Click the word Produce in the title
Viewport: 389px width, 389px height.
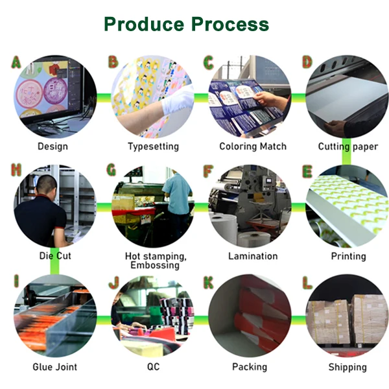(144, 24)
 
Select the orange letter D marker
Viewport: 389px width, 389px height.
(307, 62)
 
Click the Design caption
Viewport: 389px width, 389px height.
(53, 147)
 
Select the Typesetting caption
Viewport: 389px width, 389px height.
(153, 147)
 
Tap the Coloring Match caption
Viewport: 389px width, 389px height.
(253, 147)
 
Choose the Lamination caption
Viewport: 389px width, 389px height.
(253, 256)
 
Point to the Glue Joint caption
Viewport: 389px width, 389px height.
(55, 367)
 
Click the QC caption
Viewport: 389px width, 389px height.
(152, 367)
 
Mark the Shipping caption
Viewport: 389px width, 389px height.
(348, 367)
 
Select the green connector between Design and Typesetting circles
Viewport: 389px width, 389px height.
(104, 97)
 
